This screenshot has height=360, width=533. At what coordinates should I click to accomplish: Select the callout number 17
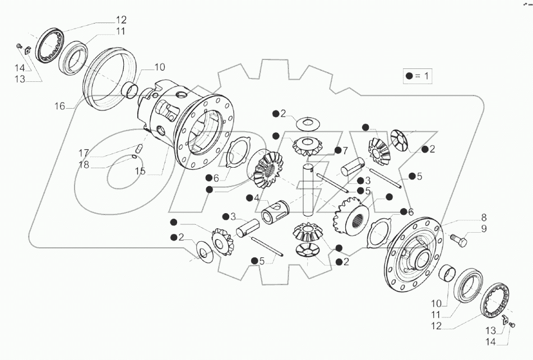point(84,153)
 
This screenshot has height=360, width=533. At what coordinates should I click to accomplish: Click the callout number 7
point(346,151)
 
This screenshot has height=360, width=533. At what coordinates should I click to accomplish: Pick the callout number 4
point(256,197)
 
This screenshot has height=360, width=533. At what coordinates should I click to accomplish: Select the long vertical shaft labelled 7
point(308,188)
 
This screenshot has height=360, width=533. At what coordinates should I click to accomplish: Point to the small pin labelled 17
point(142,149)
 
